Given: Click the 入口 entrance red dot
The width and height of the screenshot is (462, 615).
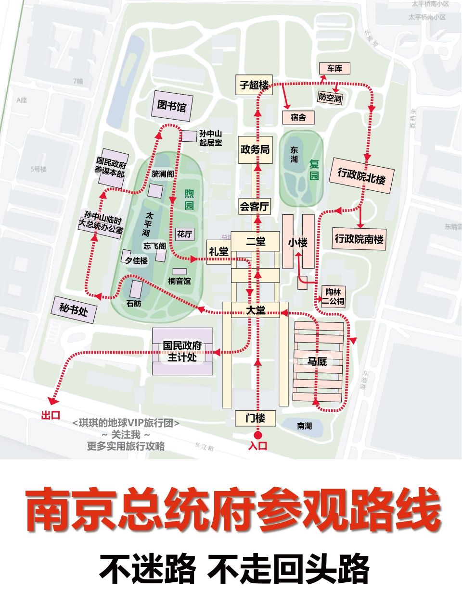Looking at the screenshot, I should pyautogui.click(x=258, y=435).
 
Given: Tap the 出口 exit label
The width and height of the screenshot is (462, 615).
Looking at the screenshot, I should pyautogui.click(x=51, y=415).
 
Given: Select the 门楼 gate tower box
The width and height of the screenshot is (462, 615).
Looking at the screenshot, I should pyautogui.click(x=256, y=418).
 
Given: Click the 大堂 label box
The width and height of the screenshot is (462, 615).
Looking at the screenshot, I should pyautogui.click(x=256, y=310).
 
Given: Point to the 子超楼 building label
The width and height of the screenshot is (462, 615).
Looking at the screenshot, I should pyautogui.click(x=254, y=85).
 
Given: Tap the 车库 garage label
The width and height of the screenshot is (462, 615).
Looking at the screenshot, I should pyautogui.click(x=334, y=69).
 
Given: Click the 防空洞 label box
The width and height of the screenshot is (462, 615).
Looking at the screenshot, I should pyautogui.click(x=330, y=98).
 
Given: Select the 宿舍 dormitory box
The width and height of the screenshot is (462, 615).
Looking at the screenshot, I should pyautogui.click(x=298, y=117).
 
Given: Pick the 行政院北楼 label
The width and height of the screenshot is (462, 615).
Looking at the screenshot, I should pyautogui.click(x=361, y=175).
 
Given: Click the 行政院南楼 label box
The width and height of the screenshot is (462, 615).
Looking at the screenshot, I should pyautogui.click(x=359, y=238).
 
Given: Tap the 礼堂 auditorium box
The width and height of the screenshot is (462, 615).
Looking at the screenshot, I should pyautogui.click(x=219, y=251).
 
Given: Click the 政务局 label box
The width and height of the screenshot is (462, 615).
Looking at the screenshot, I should pyautogui.click(x=255, y=149).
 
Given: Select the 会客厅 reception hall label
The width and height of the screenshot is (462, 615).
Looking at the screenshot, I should pyautogui.click(x=255, y=207).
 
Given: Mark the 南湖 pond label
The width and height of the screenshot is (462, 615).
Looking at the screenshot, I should pyautogui.click(x=304, y=426).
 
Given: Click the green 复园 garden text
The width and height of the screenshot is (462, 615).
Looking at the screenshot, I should pyautogui.click(x=314, y=170).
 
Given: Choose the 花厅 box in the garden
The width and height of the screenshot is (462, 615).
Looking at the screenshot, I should pyautogui.click(x=185, y=234).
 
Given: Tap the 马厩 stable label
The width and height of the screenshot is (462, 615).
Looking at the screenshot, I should pyautogui.click(x=318, y=361).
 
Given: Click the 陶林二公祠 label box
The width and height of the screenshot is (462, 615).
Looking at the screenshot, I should pyautogui.click(x=333, y=296).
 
